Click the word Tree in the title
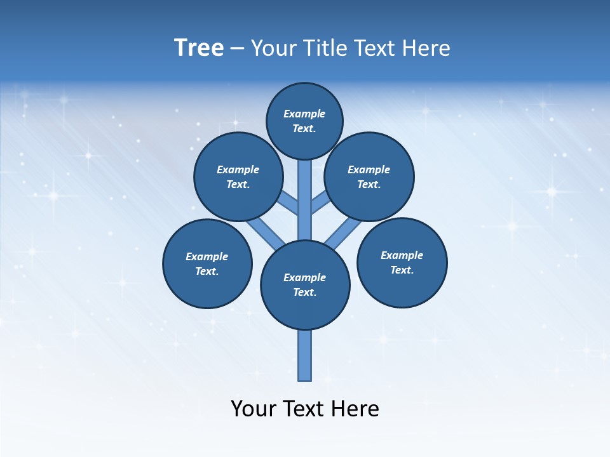199,48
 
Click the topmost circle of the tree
304,121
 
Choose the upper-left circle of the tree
238,176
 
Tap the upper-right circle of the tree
369,176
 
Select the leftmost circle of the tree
207,263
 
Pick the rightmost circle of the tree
402,262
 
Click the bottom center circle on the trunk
305,284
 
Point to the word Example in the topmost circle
304,114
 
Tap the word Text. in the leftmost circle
207,272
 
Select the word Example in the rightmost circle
402,255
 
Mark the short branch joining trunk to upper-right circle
320,203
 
